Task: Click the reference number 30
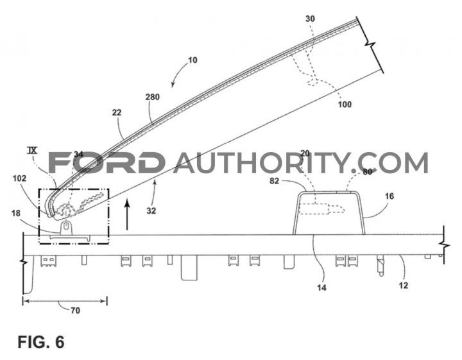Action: tap(310, 19)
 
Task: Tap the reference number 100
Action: tap(345, 105)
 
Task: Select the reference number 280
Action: tap(152, 97)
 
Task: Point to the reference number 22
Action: tap(116, 112)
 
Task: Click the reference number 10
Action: tap(192, 60)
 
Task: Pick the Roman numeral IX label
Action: tap(32, 151)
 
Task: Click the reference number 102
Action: tap(19, 178)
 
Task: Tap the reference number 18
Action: tap(16, 212)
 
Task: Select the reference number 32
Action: tap(151, 210)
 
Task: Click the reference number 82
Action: tap(274, 180)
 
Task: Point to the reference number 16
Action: tap(389, 196)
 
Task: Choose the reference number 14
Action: tap(321, 287)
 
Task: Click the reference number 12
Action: tap(403, 285)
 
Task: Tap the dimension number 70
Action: tap(75, 311)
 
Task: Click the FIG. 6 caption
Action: tap(40, 342)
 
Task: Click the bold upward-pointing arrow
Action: tap(127, 214)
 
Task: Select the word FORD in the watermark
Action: tap(107, 162)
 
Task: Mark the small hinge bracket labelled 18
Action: tap(66, 228)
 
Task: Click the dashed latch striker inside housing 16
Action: tap(321, 209)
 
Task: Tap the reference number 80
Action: tap(367, 172)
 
